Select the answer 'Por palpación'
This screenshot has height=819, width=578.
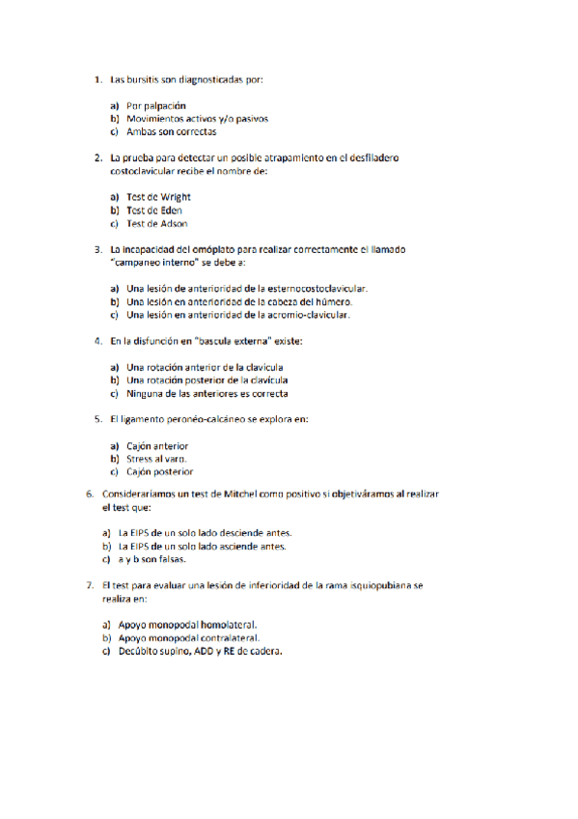(x=155, y=105)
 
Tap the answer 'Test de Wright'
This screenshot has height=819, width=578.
(x=158, y=197)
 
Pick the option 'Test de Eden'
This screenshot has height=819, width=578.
(x=154, y=210)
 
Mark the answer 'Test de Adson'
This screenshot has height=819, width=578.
(x=156, y=223)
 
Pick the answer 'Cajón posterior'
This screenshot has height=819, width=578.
(x=159, y=472)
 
